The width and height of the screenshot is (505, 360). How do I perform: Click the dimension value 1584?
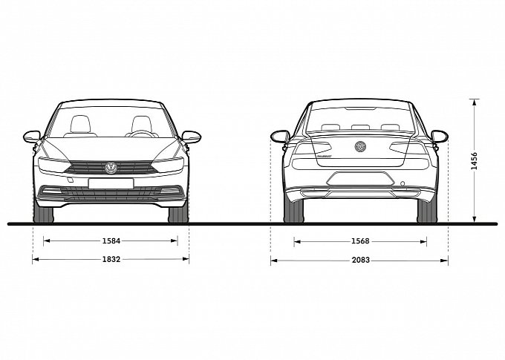pyautogui.click(x=111, y=240)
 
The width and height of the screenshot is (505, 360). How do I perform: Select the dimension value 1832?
pyautogui.click(x=111, y=259)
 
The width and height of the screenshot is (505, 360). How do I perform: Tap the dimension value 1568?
pyautogui.click(x=360, y=241)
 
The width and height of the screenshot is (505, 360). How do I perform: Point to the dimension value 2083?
pyautogui.click(x=361, y=261)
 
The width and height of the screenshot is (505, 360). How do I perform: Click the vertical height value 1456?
pyautogui.click(x=474, y=161)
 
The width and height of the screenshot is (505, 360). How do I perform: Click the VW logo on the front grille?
pyautogui.click(x=111, y=168)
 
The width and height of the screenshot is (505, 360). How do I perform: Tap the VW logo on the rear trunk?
pyautogui.click(x=360, y=146)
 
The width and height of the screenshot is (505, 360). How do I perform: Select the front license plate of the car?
pyautogui.click(x=111, y=183)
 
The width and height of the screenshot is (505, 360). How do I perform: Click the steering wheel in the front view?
pyautogui.click(x=142, y=134)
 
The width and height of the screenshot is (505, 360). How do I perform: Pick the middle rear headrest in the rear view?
pyautogui.click(x=360, y=128)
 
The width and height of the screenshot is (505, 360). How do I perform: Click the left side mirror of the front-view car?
pyautogui.click(x=31, y=137)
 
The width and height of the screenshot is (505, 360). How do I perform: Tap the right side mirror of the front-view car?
pyautogui.click(x=192, y=137)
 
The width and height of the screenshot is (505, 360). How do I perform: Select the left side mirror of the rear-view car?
pyautogui.click(x=280, y=137)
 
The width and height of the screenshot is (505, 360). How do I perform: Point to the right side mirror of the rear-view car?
pyautogui.click(x=440, y=137)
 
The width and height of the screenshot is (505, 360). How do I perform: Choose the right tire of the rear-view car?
pyautogui.click(x=427, y=211)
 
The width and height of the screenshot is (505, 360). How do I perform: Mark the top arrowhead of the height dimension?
pyautogui.click(x=474, y=102)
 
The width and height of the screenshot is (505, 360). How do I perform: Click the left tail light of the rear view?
pyautogui.click(x=313, y=148)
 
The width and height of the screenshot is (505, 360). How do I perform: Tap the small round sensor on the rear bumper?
pyautogui.click(x=403, y=183)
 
